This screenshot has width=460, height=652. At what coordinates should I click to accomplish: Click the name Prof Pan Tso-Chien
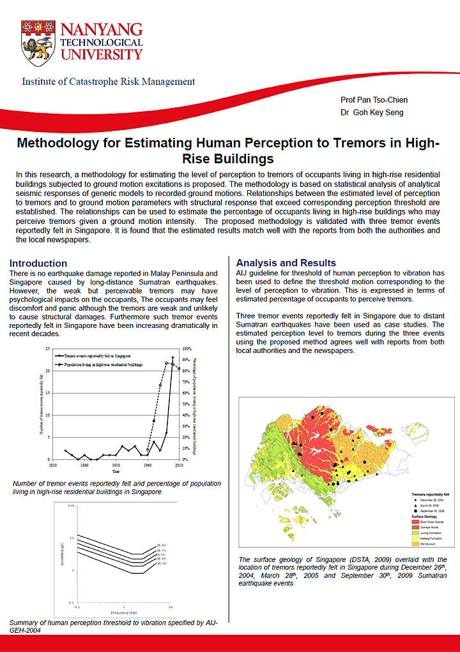[374, 100]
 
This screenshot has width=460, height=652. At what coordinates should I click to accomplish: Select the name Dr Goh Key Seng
[374, 112]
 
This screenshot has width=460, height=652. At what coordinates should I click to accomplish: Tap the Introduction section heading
[38, 263]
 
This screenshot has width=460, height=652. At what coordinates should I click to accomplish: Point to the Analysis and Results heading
[286, 263]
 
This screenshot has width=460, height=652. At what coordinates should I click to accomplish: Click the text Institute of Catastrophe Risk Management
[109, 82]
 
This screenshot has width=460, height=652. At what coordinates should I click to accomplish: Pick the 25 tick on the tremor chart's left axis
[48, 349]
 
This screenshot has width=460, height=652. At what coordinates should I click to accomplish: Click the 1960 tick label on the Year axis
[147, 466]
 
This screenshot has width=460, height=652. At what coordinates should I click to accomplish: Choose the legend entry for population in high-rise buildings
[102, 364]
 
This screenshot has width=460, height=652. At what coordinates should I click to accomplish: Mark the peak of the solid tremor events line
[172, 357]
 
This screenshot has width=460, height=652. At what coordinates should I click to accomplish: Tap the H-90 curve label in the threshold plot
[162, 545]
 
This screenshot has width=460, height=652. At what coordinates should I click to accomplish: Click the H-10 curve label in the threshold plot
[162, 564]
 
